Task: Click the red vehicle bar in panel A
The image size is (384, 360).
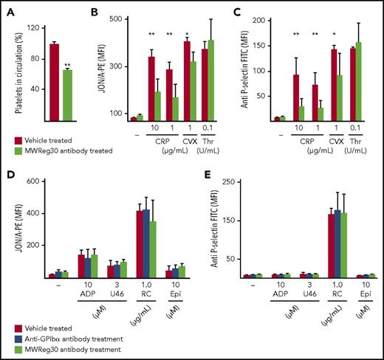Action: coord(54,81)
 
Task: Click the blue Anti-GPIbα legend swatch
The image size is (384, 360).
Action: coord(18,339)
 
